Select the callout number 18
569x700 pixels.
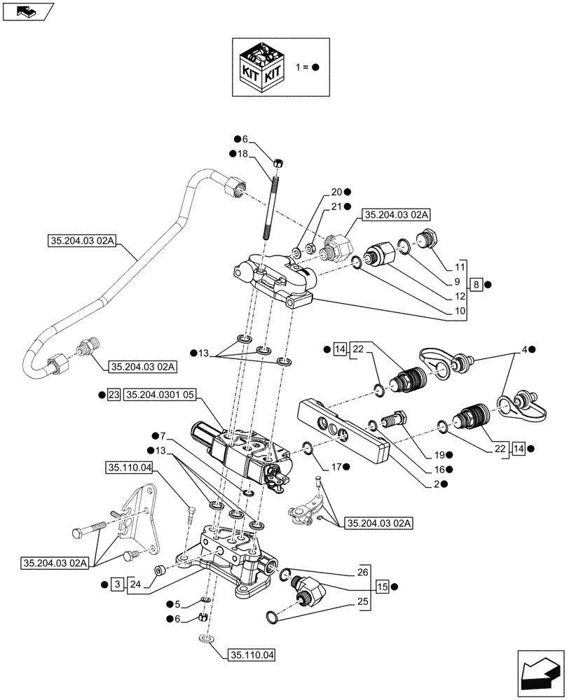tap(243, 153)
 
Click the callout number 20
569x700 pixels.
tap(336, 192)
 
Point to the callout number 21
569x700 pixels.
tap(336, 206)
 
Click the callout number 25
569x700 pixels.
tap(362, 601)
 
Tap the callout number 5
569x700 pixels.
tap(177, 603)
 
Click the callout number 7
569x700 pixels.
tap(162, 436)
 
